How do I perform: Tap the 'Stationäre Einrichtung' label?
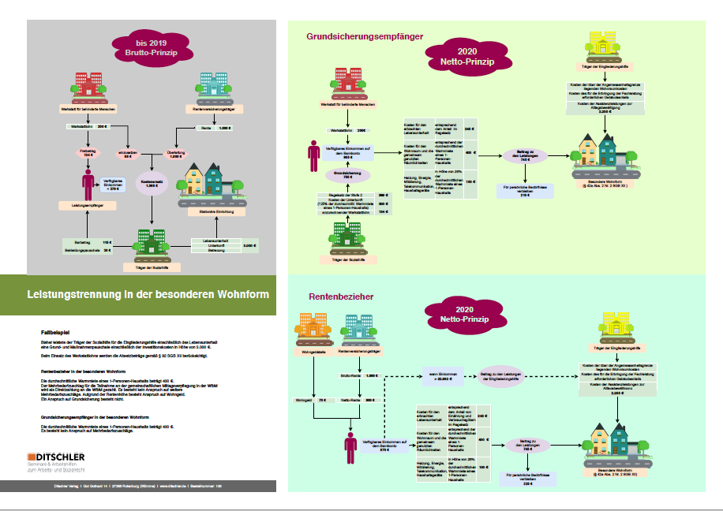[213, 211]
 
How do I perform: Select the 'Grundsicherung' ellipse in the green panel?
[342, 174]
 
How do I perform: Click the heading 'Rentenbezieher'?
[341, 297]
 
